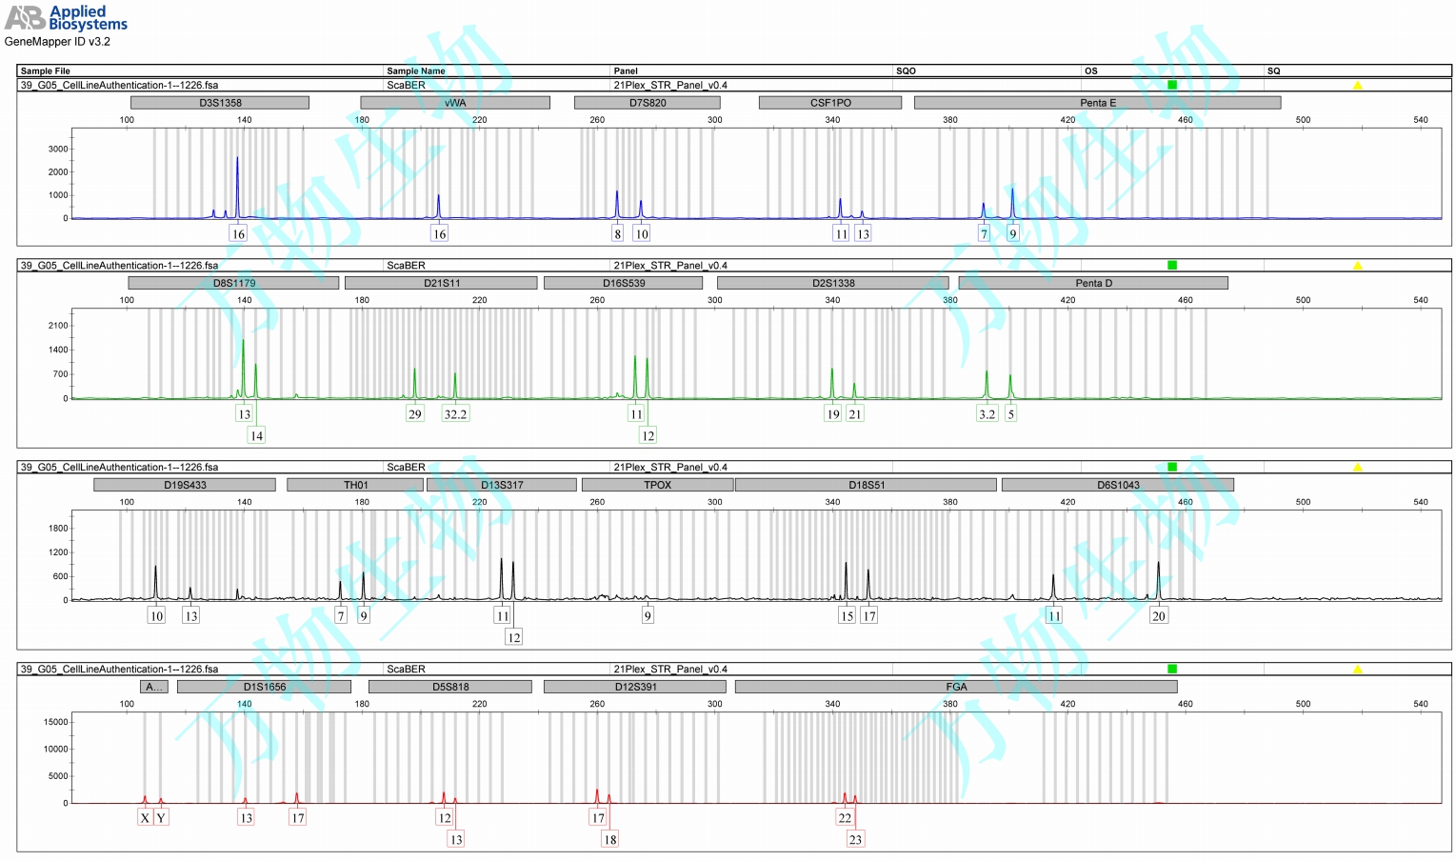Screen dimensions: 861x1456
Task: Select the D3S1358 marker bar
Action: click(220, 103)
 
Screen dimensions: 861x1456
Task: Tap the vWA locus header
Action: click(455, 103)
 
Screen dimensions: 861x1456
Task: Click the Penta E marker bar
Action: click(1097, 103)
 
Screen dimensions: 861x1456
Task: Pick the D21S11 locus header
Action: click(441, 283)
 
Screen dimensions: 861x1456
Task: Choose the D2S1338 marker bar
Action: click(833, 283)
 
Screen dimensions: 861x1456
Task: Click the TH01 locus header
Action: click(355, 485)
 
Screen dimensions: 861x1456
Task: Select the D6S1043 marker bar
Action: click(1118, 485)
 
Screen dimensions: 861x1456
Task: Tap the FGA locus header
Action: click(956, 687)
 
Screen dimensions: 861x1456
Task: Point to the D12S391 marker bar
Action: click(635, 687)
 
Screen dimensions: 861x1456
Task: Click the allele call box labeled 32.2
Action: click(455, 414)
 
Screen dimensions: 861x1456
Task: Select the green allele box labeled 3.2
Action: click(987, 414)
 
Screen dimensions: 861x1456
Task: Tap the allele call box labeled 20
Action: click(1158, 616)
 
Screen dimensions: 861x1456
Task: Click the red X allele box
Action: click(145, 818)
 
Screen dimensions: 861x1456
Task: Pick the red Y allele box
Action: click(161, 818)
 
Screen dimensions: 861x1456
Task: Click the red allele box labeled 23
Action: click(855, 840)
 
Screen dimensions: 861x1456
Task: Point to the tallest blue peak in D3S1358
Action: click(237, 160)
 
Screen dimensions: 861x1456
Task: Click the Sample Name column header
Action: click(416, 70)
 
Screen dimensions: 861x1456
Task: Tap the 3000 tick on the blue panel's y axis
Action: click(58, 150)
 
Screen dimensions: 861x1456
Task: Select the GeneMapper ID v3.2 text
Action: click(57, 42)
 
